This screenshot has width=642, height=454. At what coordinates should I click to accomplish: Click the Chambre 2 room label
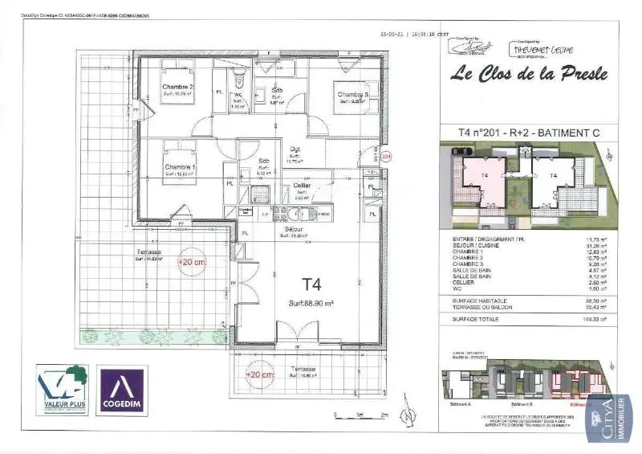click(x=177, y=87)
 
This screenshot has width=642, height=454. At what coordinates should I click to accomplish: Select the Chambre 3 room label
click(x=352, y=95)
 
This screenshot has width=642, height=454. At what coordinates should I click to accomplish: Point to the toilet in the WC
click(x=238, y=80)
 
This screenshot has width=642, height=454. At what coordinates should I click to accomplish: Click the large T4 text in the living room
click(x=311, y=284)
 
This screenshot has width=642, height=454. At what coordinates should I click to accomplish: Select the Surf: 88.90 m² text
click(x=312, y=304)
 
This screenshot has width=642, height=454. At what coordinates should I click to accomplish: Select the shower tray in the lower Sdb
click(x=260, y=194)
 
